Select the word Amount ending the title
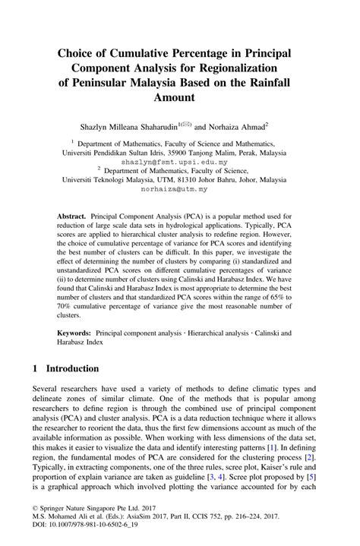click(179, 98)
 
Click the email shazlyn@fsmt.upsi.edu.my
click(179, 163)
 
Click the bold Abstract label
click(74, 216)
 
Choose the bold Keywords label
click(76, 333)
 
